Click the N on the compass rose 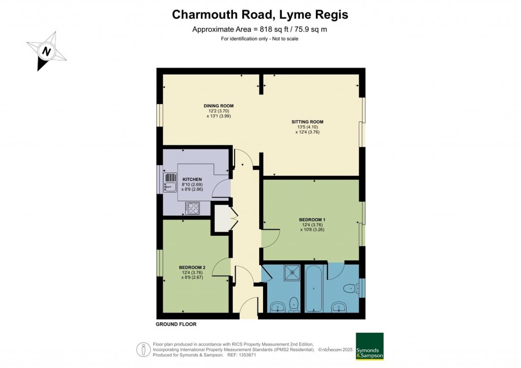46,51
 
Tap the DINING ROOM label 219,106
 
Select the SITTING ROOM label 307,122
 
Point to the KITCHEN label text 192,179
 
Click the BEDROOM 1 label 312,220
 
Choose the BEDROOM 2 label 192,267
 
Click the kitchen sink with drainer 170,182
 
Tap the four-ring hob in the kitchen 193,208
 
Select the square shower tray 292,272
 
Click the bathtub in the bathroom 313,288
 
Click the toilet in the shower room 294,304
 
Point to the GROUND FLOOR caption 176,324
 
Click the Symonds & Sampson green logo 369,347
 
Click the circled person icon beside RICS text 143,350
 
